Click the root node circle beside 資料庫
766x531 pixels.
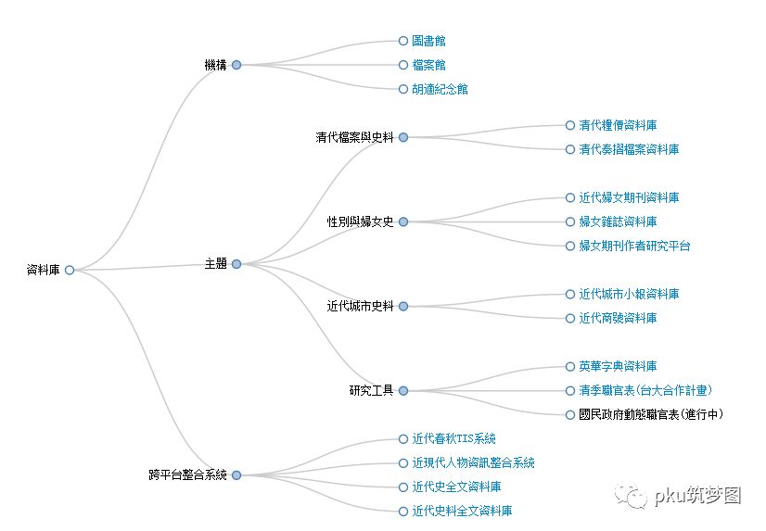pyautogui.click(x=70, y=270)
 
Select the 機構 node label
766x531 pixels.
pyautogui.click(x=215, y=65)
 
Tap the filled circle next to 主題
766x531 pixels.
pyautogui.click(x=236, y=264)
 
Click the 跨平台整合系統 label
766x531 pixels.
pyautogui.click(x=187, y=475)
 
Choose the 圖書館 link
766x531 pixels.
pyautogui.click(x=428, y=41)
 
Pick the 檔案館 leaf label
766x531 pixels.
pyautogui.click(x=428, y=65)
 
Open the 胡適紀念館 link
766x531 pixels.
pyautogui.click(x=440, y=89)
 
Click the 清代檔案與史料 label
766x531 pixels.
pyautogui.click(x=354, y=137)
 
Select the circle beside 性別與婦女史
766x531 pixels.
pyautogui.click(x=403, y=221)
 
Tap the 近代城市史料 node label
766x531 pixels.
pyautogui.click(x=360, y=306)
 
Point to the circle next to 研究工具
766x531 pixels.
pyautogui.click(x=403, y=390)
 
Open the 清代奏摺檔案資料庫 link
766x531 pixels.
pyautogui.click(x=629, y=149)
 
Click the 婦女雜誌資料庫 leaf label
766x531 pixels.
pyautogui.click(x=618, y=221)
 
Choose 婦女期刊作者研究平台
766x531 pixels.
pyautogui.click(x=634, y=246)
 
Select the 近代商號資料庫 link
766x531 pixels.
pyautogui.click(x=618, y=318)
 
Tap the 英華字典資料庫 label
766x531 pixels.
pyautogui.click(x=618, y=366)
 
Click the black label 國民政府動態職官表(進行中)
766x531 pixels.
pyautogui.click(x=651, y=414)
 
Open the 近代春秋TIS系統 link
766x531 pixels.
pyautogui.click(x=453, y=438)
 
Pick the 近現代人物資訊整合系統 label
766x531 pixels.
pyautogui.click(x=473, y=462)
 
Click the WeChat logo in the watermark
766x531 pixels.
pyautogui.click(x=636, y=498)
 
